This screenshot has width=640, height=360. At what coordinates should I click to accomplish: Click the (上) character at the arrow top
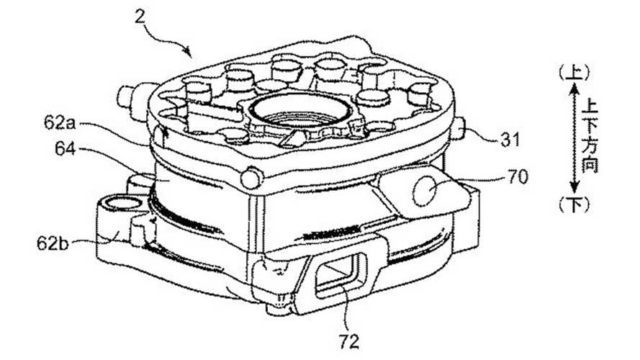[579, 72]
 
